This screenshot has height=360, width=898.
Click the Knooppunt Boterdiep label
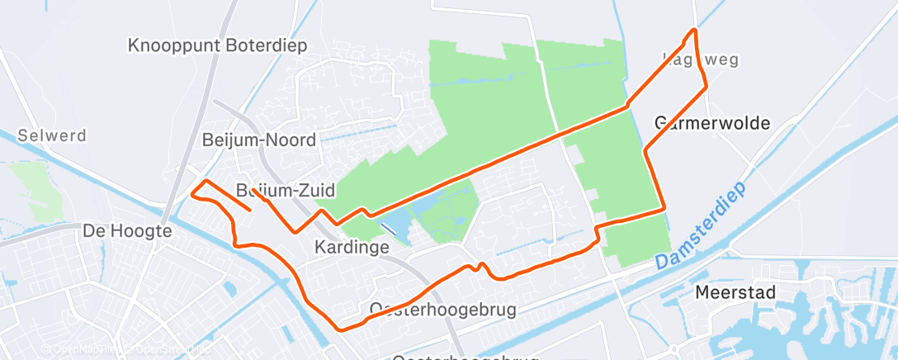[x=218, y=45]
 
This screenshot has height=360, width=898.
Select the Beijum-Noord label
[x=259, y=140]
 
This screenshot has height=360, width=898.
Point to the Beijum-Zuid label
[x=286, y=191]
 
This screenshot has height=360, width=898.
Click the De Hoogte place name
[x=127, y=231]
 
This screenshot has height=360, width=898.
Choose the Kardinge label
[x=352, y=247]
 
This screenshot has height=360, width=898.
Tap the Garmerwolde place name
[x=712, y=124]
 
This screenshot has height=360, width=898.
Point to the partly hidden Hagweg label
[x=700, y=59]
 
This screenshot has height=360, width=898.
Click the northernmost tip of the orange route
[x=694, y=30]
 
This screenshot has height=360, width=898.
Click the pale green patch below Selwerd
[x=33, y=186]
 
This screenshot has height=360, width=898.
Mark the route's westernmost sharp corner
[x=192, y=194]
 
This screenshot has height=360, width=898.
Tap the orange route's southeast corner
[x=664, y=210]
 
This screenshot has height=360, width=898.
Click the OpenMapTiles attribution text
[x=83, y=349]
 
